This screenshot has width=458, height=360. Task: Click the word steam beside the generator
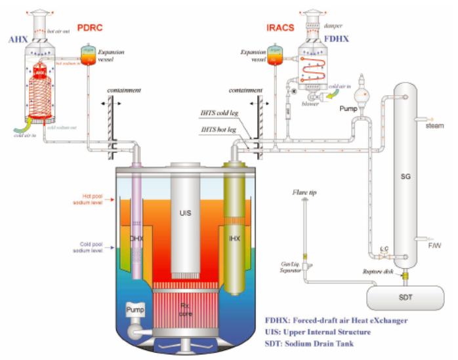[435, 126]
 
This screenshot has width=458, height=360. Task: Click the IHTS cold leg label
[219, 119]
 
